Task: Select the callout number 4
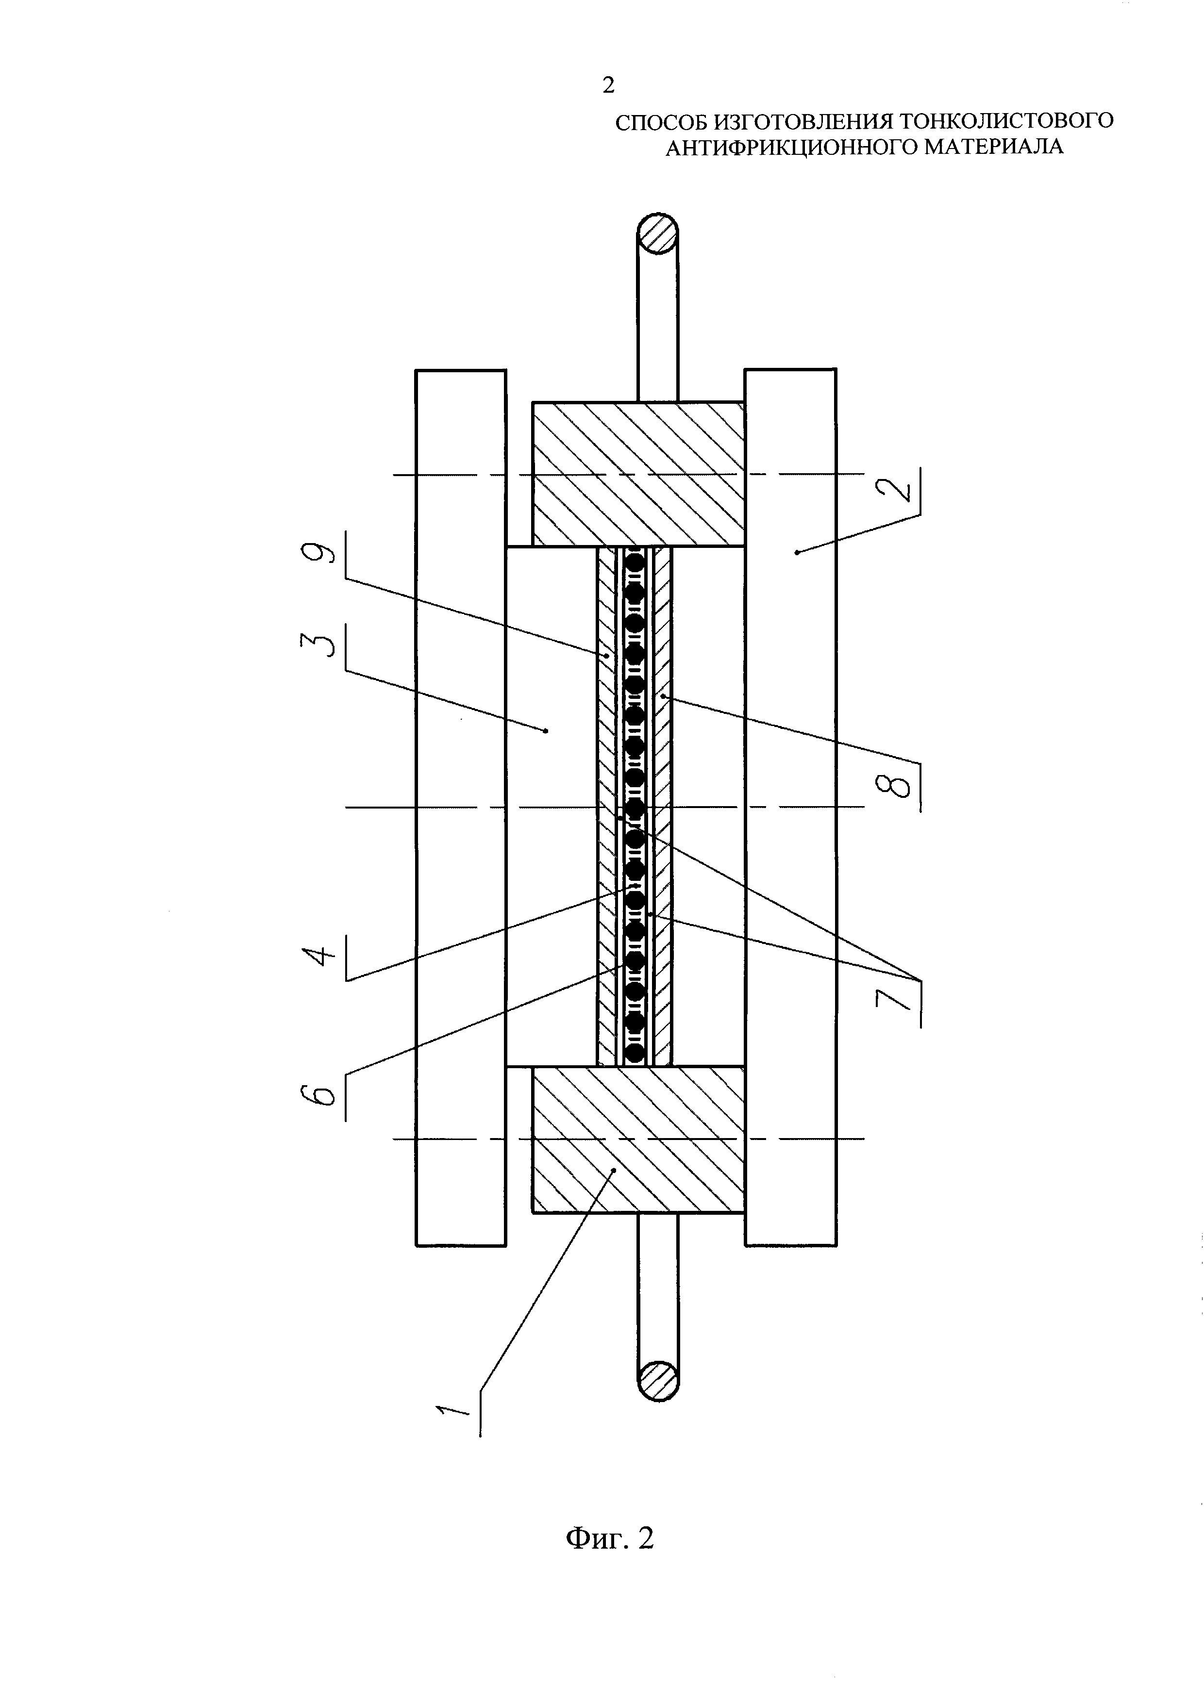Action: [319, 952]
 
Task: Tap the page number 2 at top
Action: [609, 86]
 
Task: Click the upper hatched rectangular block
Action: [639, 475]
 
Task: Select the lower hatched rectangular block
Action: [639, 1140]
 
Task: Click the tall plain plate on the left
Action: [461, 807]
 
